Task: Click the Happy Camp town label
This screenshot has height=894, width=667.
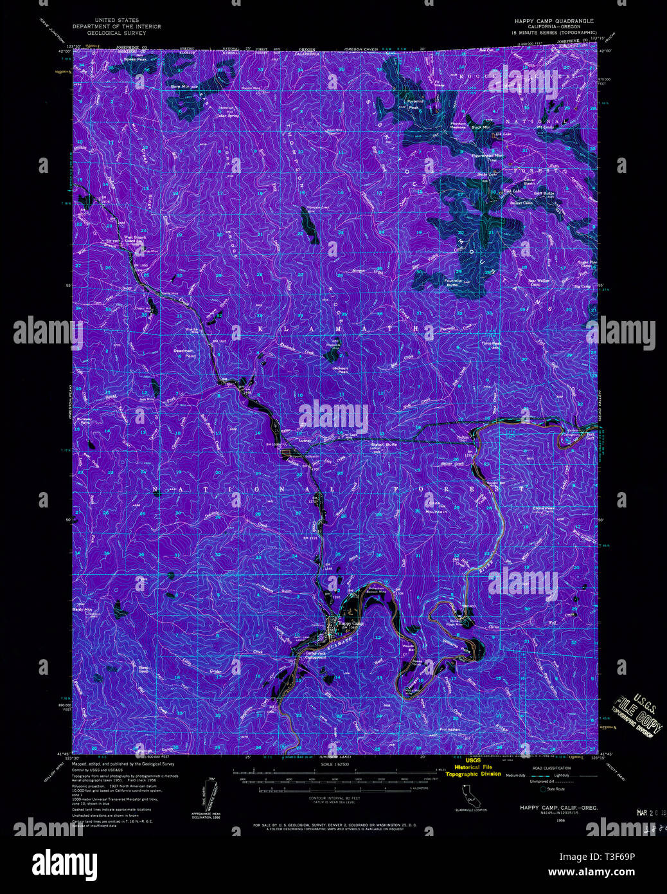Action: [351, 623]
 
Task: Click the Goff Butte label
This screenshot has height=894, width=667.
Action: [544, 193]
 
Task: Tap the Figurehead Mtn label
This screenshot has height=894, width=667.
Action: [489, 156]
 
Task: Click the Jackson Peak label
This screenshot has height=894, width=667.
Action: [341, 370]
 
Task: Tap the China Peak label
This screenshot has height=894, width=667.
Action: [544, 508]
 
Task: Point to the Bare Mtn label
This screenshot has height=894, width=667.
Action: [162, 86]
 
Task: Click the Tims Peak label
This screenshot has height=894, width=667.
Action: [492, 343]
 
